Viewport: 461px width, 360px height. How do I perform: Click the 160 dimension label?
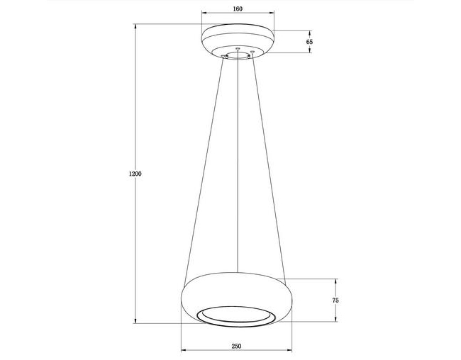pyautogui.click(x=238, y=9)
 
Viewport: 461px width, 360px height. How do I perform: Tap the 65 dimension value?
pyautogui.click(x=309, y=42)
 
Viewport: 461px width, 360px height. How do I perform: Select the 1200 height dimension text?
pyautogui.click(x=135, y=174)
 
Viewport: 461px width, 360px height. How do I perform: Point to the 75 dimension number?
pyautogui.click(x=335, y=300)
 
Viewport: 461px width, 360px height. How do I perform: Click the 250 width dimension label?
pyautogui.click(x=236, y=347)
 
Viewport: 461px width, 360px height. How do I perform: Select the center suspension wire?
pyautogui.click(x=238, y=161)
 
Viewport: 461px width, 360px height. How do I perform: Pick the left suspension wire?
pyautogui.click(x=204, y=172)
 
